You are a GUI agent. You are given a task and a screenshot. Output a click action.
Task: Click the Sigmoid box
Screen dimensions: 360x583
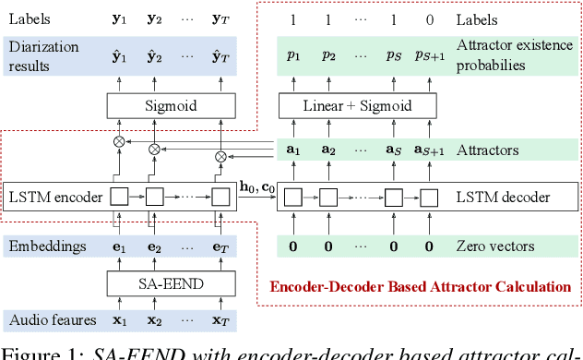tap(170, 106)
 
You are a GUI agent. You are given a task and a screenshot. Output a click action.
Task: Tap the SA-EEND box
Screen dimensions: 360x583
tap(170, 282)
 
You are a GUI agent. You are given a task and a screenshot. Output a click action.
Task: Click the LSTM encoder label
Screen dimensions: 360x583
tap(50, 196)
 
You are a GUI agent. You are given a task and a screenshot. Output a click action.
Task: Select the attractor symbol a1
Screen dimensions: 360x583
tap(292, 150)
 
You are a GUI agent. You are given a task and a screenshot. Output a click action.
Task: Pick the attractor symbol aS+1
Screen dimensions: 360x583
tap(428, 150)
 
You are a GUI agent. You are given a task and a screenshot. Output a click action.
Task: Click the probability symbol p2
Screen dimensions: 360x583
tap(328, 55)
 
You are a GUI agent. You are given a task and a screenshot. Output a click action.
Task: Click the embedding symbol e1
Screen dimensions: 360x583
tap(119, 247)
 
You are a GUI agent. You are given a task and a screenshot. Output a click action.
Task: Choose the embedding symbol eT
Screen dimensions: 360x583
tap(220, 247)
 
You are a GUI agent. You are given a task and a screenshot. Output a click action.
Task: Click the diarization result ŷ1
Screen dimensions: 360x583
tap(119, 54)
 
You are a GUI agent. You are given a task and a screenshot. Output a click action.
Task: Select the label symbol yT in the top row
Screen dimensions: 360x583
tap(220, 19)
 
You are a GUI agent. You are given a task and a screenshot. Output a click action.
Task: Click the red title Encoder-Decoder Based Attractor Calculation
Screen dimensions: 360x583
tap(420, 286)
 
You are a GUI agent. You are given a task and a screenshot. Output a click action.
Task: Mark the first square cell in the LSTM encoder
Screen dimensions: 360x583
tap(119, 196)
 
